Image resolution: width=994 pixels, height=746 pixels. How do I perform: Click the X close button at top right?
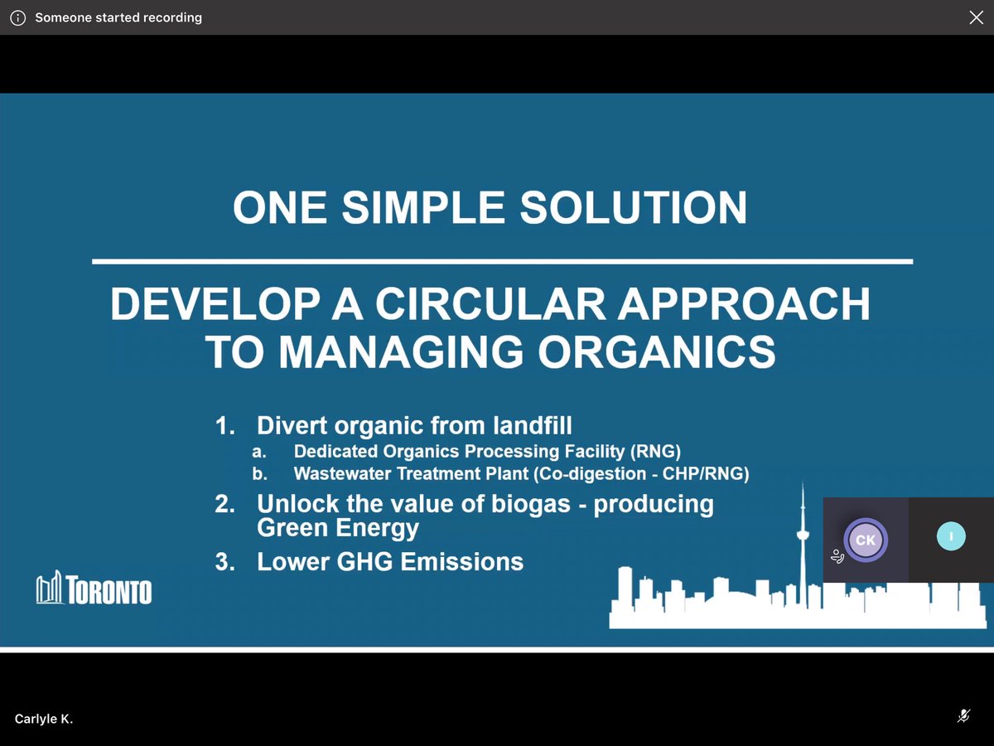(x=976, y=17)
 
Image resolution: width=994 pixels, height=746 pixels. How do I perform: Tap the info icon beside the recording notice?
(x=17, y=17)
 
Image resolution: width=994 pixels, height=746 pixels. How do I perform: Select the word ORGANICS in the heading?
(x=659, y=351)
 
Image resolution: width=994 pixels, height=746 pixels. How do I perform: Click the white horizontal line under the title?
(x=502, y=262)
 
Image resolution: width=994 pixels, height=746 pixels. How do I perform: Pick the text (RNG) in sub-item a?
(x=659, y=452)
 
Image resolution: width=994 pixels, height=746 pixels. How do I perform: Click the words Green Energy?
(x=338, y=528)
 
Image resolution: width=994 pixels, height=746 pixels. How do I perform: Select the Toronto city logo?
(x=94, y=589)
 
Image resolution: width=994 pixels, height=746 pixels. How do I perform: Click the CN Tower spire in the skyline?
(x=802, y=514)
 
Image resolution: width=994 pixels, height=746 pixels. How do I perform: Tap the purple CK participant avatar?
(x=865, y=540)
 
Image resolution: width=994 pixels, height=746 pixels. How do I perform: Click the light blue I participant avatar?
(x=951, y=536)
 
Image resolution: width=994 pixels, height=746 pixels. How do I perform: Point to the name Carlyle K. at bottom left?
(x=44, y=719)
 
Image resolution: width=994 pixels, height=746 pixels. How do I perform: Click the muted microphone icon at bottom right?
(x=963, y=716)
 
